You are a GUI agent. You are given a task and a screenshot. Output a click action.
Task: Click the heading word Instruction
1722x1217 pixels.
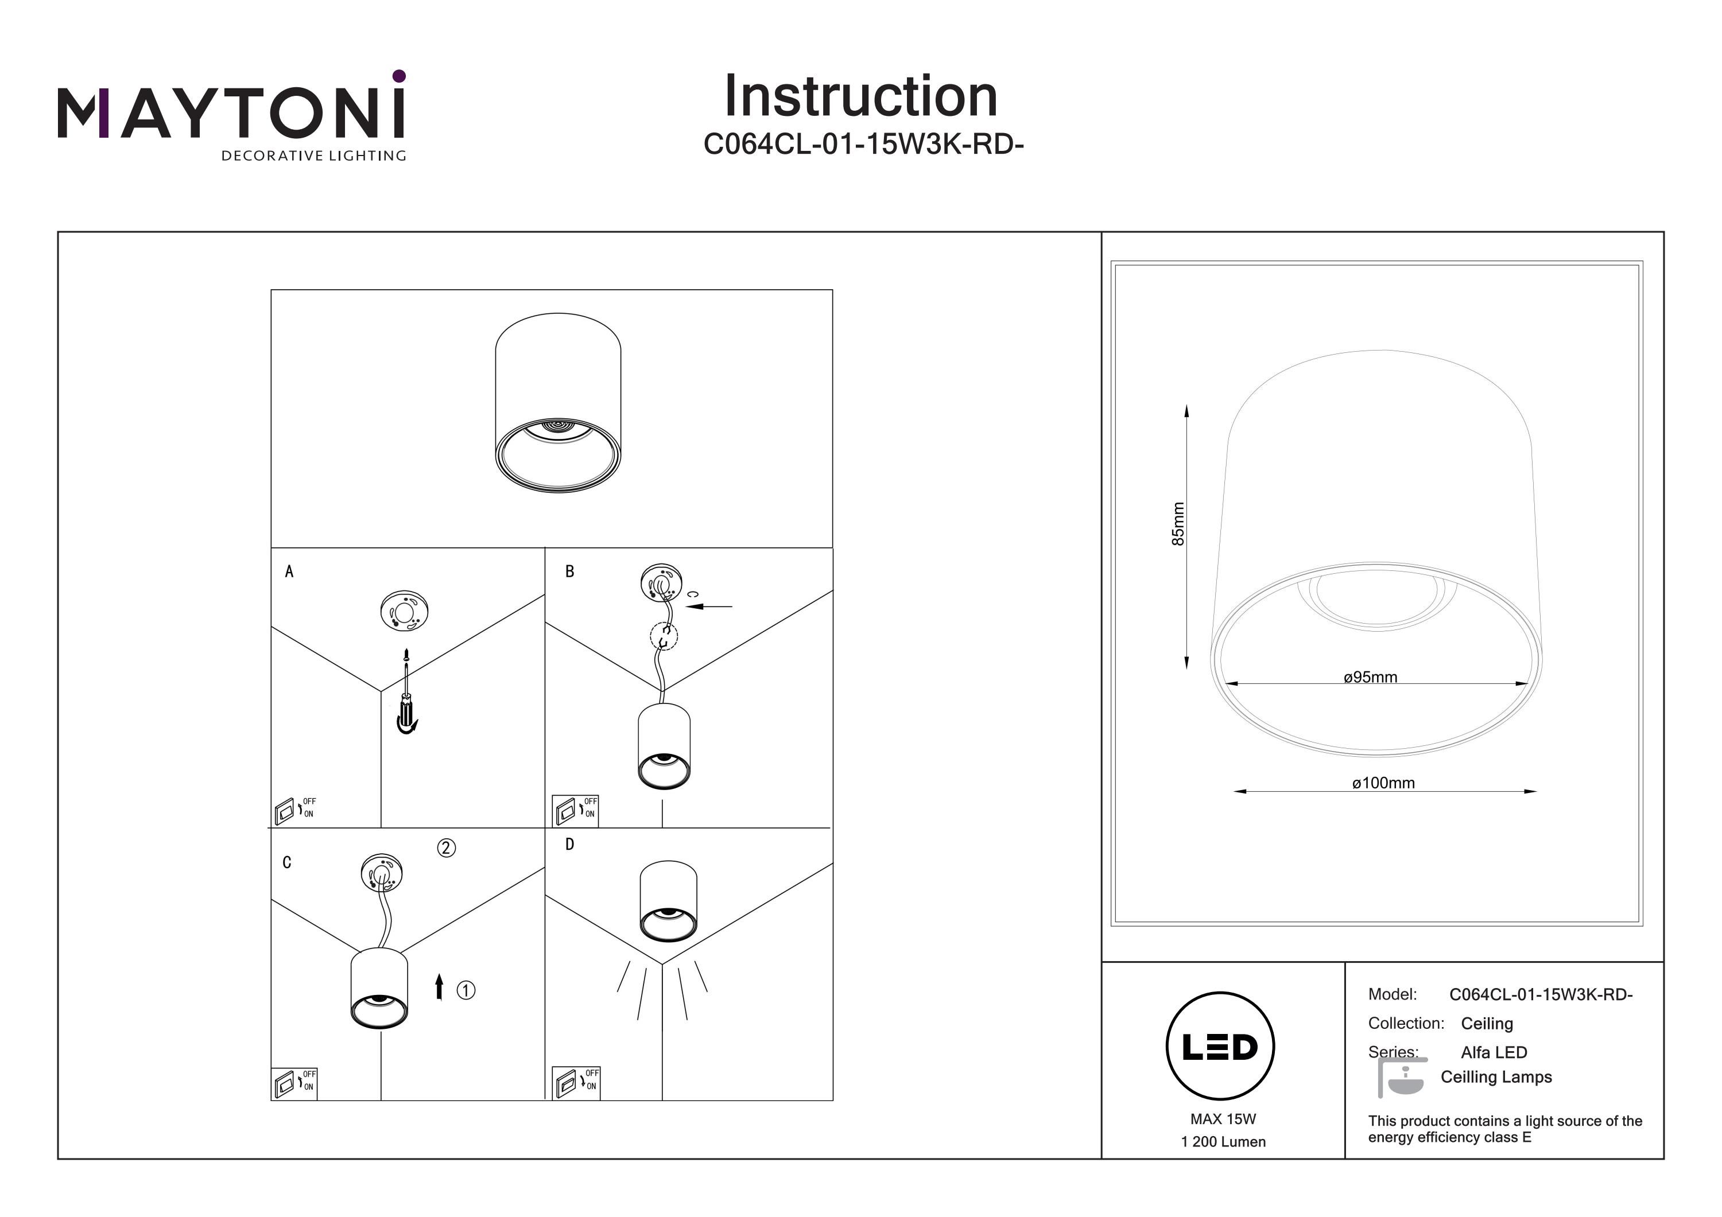pos(860,97)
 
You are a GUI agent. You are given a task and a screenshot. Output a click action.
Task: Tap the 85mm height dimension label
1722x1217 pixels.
pos(1178,523)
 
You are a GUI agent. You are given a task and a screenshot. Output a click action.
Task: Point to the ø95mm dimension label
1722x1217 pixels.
pos(1370,677)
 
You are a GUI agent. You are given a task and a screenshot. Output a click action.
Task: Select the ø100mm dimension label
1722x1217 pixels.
pos(1383,783)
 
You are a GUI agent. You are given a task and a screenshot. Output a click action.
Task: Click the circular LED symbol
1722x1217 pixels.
pos(1220,1047)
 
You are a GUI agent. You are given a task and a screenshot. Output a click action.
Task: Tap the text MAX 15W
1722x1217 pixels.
pos(1223,1119)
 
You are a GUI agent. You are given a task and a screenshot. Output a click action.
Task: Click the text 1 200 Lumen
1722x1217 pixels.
pos(1223,1142)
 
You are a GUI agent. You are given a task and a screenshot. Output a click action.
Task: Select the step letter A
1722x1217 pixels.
pos(289,572)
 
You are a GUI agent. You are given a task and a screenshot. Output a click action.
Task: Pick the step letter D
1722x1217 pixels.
pos(570,845)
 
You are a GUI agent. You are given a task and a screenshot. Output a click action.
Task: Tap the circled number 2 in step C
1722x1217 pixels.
pos(446,848)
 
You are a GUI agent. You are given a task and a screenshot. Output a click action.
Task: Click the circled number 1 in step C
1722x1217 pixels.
pos(466,990)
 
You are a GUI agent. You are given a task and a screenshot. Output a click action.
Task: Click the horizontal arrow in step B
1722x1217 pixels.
pos(709,606)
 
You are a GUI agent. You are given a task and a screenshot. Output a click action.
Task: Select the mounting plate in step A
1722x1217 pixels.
pos(404,612)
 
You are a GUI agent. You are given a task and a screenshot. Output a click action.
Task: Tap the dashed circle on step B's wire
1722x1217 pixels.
pos(663,637)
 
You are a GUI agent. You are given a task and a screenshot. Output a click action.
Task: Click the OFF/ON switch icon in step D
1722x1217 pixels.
pos(575,1083)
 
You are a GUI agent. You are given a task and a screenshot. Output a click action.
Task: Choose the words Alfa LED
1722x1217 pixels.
pos(1493,1052)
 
